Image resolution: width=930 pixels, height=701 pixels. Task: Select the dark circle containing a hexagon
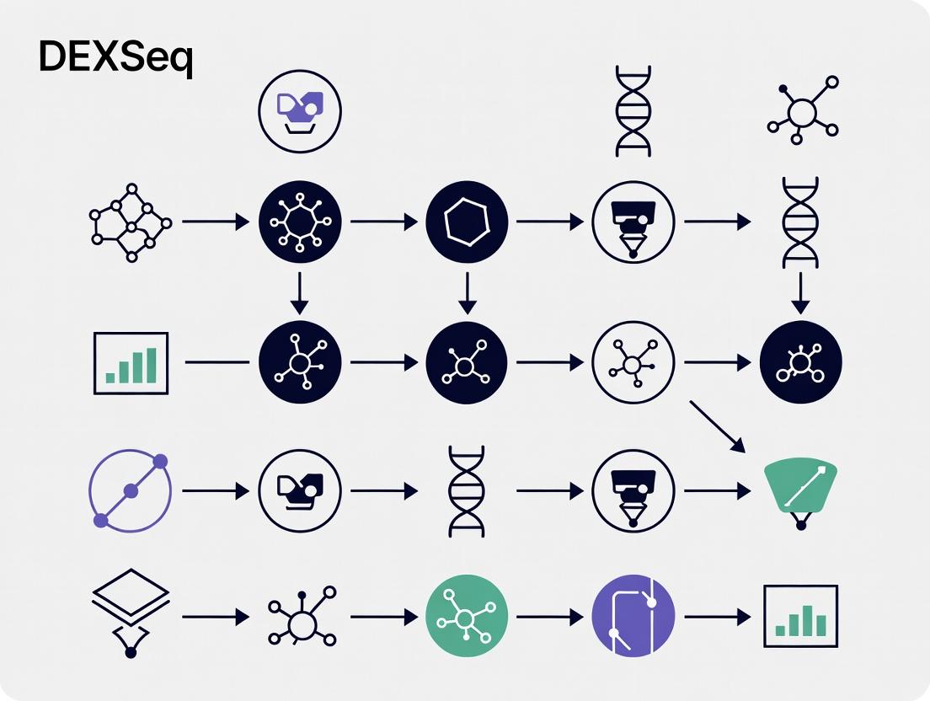point(467,222)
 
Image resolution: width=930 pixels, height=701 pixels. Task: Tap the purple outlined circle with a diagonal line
point(130,490)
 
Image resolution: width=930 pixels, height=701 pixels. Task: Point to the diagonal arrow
point(717,426)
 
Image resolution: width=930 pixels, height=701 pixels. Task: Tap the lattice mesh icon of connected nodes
point(130,222)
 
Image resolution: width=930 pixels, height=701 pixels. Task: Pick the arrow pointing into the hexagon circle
point(383,222)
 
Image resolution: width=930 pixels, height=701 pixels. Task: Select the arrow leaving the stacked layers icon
point(215,618)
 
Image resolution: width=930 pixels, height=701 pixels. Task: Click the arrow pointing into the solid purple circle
point(549,618)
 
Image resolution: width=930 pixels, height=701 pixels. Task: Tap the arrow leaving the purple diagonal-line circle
point(215,490)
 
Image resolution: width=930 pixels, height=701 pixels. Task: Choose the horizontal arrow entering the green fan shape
point(717,490)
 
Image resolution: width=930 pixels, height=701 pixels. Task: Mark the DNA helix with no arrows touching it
point(633,111)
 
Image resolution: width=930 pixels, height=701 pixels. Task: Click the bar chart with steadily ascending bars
point(132,362)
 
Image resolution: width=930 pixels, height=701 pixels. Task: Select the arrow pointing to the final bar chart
point(717,618)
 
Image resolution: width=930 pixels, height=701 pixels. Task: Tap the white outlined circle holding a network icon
point(633,363)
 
